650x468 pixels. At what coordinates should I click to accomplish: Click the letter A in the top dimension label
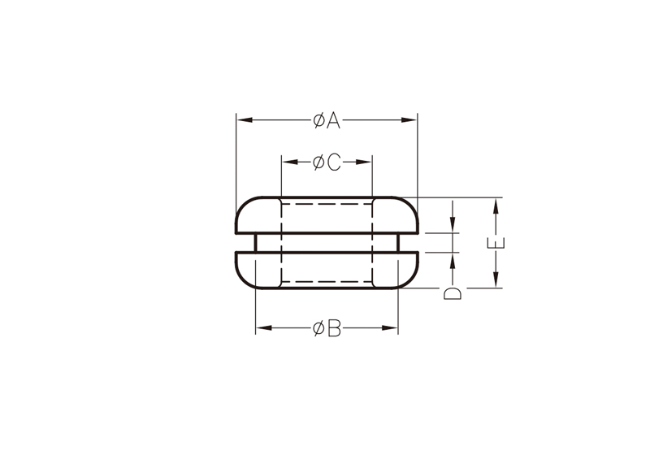333,120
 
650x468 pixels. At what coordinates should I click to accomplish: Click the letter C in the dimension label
334,162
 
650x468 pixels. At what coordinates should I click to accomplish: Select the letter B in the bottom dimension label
334,328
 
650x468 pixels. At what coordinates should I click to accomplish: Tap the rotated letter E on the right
496,242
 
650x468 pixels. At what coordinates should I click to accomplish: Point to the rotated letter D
453,293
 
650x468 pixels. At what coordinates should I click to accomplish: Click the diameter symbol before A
318,120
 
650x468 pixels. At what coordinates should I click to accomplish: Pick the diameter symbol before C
318,162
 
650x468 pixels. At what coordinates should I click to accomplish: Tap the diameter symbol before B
318,328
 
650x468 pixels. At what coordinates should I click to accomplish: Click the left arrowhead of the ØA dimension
245,120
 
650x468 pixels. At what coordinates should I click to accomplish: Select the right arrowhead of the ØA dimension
409,120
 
